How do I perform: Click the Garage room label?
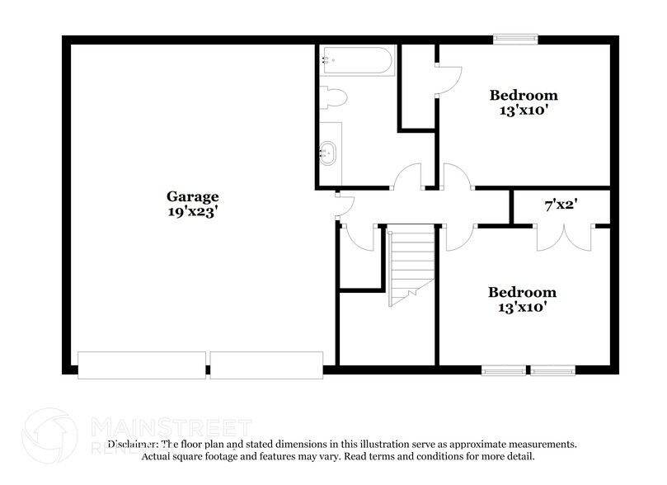point(193,197)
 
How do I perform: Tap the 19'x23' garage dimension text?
point(193,211)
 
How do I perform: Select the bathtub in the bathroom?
point(358,60)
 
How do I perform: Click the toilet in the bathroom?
point(334,97)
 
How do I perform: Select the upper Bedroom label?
point(524,95)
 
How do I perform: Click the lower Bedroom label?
point(522,293)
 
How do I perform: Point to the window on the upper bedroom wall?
point(515,37)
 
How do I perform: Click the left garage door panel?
point(141,365)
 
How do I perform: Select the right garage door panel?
point(265,365)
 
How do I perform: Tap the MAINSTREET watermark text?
point(169,427)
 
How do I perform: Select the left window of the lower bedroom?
point(503,370)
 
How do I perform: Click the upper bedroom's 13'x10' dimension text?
point(524,110)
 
